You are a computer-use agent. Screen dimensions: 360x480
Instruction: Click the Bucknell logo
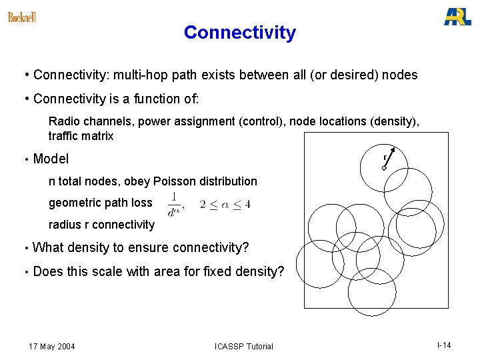coord(21,17)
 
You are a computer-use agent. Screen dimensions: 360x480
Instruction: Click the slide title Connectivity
coord(239,33)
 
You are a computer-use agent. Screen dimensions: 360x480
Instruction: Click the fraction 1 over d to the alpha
coord(175,203)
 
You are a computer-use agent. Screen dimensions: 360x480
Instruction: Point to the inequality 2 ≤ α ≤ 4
coord(225,203)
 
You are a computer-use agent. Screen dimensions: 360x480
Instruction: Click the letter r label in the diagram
coord(385,157)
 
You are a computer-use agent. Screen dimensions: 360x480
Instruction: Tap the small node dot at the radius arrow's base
coord(384,168)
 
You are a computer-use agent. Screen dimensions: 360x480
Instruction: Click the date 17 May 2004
coord(51,346)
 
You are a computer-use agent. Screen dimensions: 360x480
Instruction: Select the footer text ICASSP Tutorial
coord(243,346)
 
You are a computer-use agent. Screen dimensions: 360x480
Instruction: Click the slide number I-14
coord(444,345)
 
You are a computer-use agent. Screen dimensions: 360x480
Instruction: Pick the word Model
coord(51,159)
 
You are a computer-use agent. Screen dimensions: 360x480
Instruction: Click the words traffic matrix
coord(81,136)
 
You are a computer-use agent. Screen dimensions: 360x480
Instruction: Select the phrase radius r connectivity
coord(101,225)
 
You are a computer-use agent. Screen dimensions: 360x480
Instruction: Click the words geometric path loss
coord(100,203)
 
